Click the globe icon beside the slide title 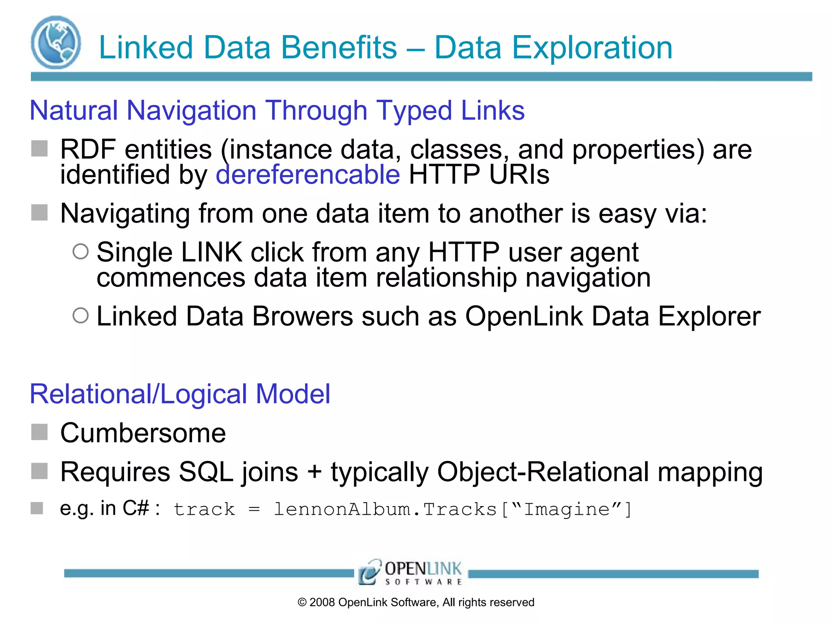[x=56, y=42]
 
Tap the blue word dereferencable [x=308, y=175]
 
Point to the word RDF [x=88, y=149]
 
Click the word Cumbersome [x=143, y=433]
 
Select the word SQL [x=206, y=472]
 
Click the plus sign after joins [x=314, y=472]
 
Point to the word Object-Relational [x=543, y=472]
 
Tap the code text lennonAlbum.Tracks [x=385, y=509]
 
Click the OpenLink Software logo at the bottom [x=410, y=573]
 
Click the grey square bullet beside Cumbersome [x=39, y=432]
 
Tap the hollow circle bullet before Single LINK [x=81, y=251]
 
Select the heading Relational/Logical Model [x=180, y=394]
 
